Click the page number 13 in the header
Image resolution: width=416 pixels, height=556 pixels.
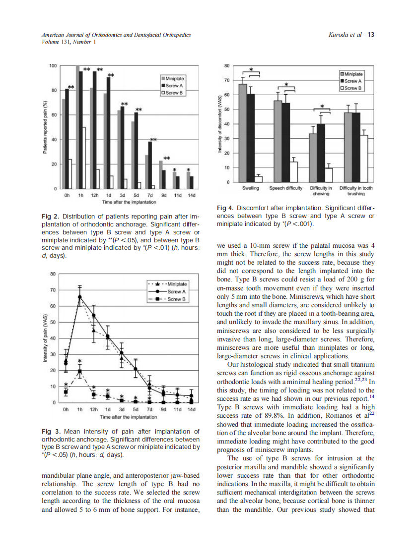coord(371,35)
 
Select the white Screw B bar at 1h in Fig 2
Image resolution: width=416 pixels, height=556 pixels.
coord(84,158)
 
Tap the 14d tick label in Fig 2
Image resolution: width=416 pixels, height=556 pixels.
coord(191,196)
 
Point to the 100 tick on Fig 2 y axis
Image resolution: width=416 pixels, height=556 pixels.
coord(53,65)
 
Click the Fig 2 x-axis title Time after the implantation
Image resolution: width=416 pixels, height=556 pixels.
coord(129,202)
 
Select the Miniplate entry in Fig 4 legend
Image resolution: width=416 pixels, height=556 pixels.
coord(354,74)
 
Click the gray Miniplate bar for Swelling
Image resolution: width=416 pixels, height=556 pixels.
coord(243,133)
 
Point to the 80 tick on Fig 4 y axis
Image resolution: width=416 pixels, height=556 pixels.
coord(227,65)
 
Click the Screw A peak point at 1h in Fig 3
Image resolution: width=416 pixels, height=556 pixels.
coord(79,297)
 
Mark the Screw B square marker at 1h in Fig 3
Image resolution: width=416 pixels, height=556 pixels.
coord(79,371)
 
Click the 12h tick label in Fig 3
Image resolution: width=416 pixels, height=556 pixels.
coord(93,410)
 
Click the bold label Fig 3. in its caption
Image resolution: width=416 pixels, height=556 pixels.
coord(50,432)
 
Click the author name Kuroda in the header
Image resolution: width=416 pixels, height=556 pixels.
coord(339,35)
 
